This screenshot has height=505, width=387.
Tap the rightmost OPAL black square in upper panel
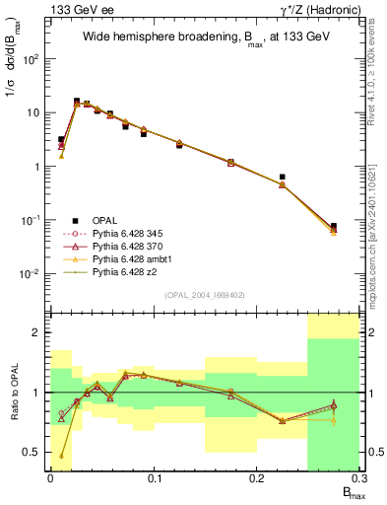pyautogui.click(x=334, y=226)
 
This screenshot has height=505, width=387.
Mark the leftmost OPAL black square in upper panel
pyautogui.click(x=61, y=140)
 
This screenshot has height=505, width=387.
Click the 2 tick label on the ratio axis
pyautogui.click(x=40, y=332)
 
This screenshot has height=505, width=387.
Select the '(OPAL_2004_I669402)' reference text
pyautogui.click(x=204, y=295)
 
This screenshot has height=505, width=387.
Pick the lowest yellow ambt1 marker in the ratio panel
pyautogui.click(x=61, y=456)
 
